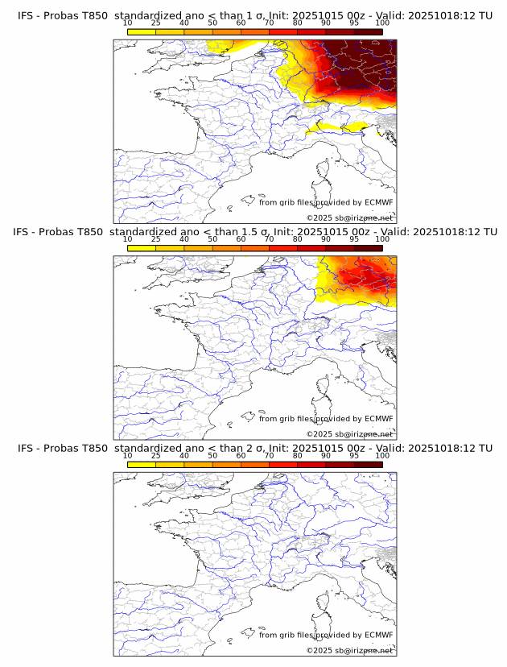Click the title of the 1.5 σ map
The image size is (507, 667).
tap(254, 231)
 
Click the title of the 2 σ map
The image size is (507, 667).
tap(254, 448)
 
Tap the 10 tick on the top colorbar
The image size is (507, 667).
tap(128, 24)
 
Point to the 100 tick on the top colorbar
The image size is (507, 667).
tap(381, 24)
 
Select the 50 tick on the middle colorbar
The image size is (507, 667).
tap(212, 239)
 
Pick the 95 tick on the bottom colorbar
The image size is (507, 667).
tap(353, 456)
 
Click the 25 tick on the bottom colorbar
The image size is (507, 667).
tap(156, 456)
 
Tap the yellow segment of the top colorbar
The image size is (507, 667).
tap(142, 31)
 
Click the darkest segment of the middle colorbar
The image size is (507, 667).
tap(368, 248)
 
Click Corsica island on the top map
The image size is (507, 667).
tap(324, 171)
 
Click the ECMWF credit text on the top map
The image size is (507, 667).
tap(326, 202)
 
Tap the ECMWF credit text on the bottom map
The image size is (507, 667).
tap(326, 635)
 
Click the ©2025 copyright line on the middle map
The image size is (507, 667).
tap(349, 434)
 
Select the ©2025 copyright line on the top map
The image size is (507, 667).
tap(349, 218)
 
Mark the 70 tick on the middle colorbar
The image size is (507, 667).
tap(269, 239)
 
